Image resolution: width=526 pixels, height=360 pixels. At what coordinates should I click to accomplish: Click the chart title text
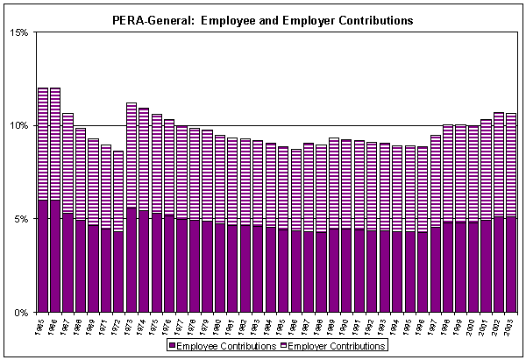[x=262, y=18]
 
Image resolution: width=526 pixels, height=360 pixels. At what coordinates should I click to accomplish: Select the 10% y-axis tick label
[x=19, y=126]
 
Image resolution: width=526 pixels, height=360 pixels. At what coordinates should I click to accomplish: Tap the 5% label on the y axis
[x=22, y=219]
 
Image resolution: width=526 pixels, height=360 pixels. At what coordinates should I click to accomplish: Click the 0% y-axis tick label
[x=22, y=313]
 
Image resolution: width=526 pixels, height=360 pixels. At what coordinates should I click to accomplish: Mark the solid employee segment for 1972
[x=118, y=272]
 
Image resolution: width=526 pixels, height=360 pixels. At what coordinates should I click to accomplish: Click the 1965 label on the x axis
[x=42, y=325]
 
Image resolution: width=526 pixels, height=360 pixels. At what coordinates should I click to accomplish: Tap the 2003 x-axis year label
[x=511, y=325]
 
